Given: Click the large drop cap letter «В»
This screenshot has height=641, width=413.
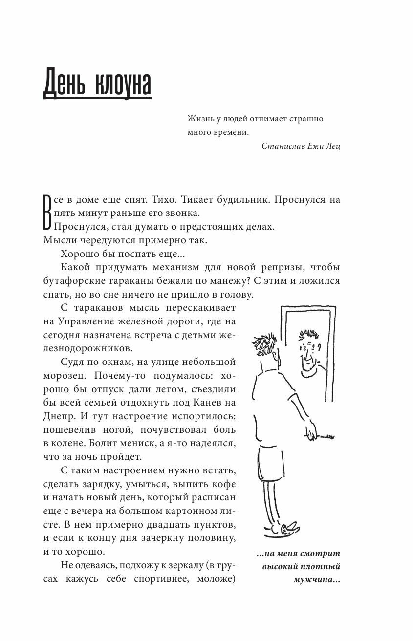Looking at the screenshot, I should tap(47, 213).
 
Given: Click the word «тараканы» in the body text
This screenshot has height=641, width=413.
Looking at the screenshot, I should tap(112, 281).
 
